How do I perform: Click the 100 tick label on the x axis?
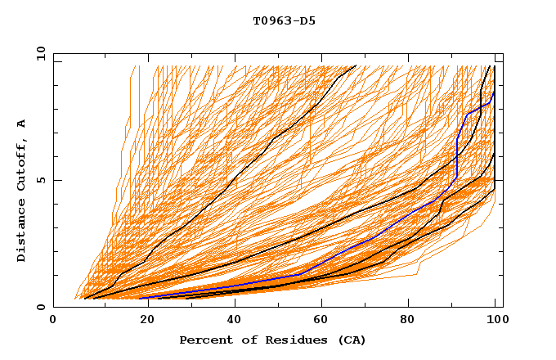coord(495,321)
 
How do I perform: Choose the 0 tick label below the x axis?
coord(54,321)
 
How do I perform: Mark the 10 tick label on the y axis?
coord(40,52)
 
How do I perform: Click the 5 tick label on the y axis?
coord(43,180)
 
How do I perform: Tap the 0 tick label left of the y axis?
coord(43,308)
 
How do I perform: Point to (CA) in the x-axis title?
coord(350,340)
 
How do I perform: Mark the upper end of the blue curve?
coord(494,92)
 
